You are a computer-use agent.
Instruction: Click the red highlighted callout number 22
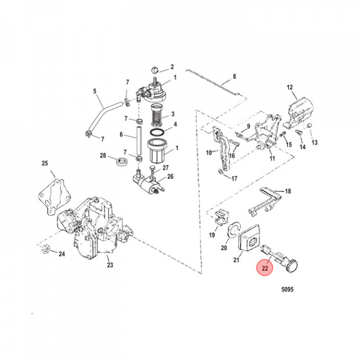pos(265,268)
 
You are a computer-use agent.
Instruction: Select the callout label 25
pos(44,163)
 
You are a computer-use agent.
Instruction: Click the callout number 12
pos(289,87)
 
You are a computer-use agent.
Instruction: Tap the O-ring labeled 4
pos(157,132)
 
